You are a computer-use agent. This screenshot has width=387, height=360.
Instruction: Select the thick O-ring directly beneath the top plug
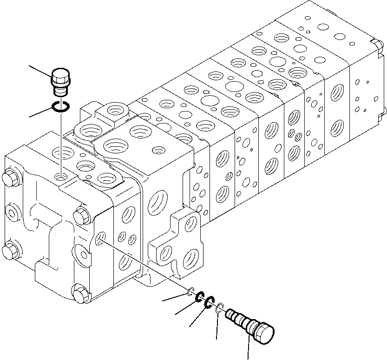tap(61, 107)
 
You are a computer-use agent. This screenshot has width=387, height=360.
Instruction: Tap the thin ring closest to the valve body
tap(190, 291)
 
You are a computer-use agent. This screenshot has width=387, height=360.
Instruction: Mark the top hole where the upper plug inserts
tap(61, 177)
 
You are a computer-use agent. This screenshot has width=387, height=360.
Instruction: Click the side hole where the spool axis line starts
tap(99, 239)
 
